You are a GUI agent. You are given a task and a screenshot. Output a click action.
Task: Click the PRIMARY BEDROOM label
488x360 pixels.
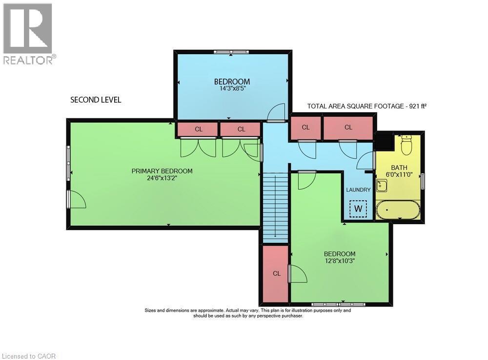click(162, 171)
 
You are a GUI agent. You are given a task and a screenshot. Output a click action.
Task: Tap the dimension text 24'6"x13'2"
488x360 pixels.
click(162, 179)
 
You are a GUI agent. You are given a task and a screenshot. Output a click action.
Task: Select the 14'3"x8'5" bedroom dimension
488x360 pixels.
click(232, 89)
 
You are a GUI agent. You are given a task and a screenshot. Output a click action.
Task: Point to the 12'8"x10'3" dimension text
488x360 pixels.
click(340, 261)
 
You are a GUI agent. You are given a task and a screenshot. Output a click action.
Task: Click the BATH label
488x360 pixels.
click(399, 168)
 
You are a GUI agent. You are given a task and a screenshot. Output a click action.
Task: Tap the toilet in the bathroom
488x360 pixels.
click(407, 144)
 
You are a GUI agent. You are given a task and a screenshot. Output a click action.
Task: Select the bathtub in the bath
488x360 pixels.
click(398, 210)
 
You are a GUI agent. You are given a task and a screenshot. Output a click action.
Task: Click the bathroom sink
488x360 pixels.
click(382, 186)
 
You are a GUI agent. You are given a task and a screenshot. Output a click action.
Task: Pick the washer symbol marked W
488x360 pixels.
click(358, 209)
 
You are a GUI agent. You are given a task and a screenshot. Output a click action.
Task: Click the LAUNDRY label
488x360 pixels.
click(358, 190)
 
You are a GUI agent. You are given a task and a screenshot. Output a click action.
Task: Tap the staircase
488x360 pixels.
click(275, 208)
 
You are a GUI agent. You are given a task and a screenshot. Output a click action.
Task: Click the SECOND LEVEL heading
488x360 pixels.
click(96, 100)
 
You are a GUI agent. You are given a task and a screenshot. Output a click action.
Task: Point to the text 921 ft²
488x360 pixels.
click(414, 106)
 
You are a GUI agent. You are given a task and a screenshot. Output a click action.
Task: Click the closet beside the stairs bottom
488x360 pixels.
click(276, 274)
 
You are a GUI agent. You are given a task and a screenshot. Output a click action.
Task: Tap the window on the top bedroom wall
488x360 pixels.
click(232, 52)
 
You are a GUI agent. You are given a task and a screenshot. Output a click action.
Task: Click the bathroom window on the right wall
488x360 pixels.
click(423, 181)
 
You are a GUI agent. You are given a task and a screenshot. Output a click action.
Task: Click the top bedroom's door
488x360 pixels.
click(276, 113)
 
